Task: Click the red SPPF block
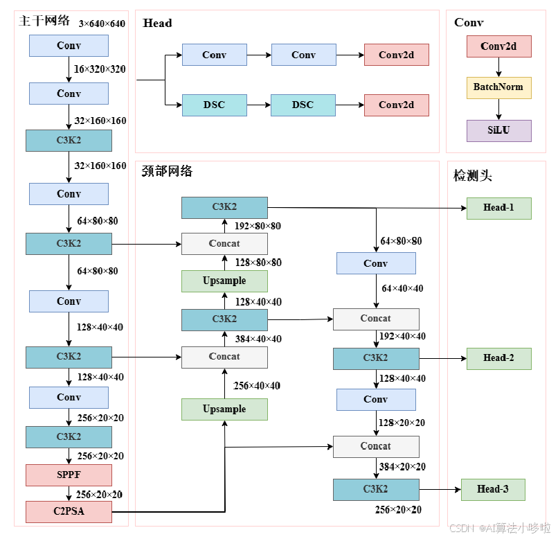point(69,475)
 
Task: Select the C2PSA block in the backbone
point(69,512)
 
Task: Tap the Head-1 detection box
point(498,208)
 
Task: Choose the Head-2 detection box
point(498,358)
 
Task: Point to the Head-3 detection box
point(492,489)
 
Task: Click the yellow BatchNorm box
point(498,87)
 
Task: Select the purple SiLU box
point(498,130)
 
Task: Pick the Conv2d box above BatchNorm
point(498,46)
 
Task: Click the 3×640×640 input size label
point(102,24)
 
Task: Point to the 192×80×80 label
point(258,226)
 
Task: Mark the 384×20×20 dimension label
point(402,467)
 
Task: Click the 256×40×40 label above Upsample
point(257,385)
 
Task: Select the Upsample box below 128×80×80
point(224,281)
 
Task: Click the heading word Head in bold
point(157,24)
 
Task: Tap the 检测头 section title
point(472,176)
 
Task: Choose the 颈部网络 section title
point(167,171)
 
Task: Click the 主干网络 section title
point(44,21)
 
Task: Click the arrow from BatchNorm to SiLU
point(498,109)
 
